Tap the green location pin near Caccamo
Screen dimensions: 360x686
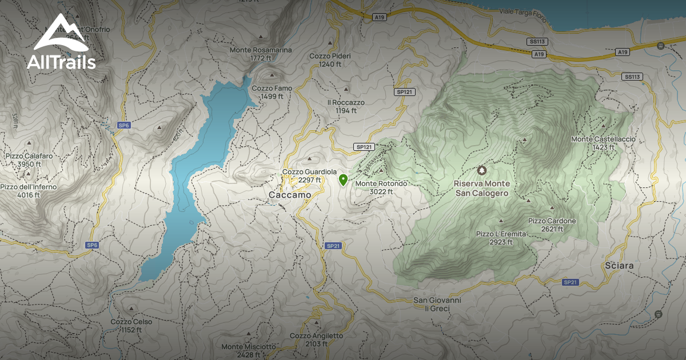[343, 180]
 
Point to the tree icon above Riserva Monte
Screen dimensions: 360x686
[482, 170]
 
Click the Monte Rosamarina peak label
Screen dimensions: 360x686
[261, 54]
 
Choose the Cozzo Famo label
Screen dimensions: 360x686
[272, 92]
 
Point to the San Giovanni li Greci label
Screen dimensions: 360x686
[437, 304]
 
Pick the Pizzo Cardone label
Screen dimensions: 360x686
[552, 225]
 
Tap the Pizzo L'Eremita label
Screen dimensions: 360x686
[501, 238]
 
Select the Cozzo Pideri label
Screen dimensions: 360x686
[330, 60]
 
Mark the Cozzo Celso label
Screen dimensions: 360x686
[131, 325]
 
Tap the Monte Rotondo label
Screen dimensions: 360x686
[381, 187]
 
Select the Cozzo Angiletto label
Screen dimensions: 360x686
[317, 339]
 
